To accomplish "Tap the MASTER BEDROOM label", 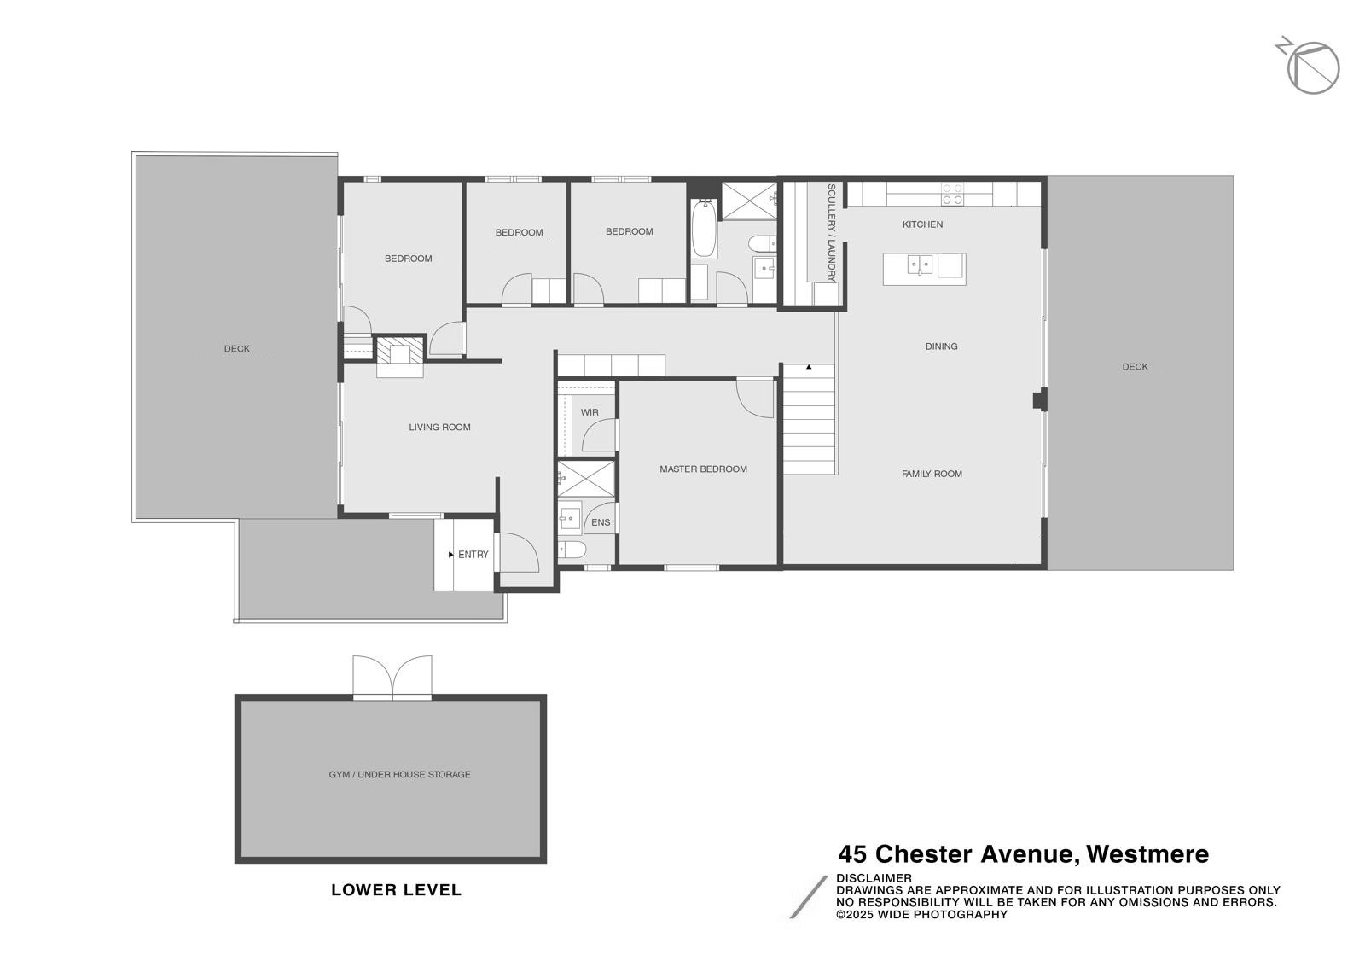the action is click(x=703, y=469).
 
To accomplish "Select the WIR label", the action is click(x=590, y=412).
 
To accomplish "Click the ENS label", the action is click(x=601, y=523).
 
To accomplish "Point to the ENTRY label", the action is click(x=473, y=555).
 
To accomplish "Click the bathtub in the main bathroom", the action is click(x=704, y=229).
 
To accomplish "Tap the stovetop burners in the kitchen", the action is click(x=952, y=195).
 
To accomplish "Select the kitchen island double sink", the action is click(x=920, y=265).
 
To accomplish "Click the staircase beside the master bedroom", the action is click(x=809, y=419).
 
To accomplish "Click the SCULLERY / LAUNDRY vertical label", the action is click(x=831, y=233).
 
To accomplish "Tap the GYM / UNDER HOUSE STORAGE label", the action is click(x=400, y=775).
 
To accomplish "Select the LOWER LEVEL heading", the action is click(x=396, y=890).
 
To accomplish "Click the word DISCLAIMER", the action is click(x=874, y=878).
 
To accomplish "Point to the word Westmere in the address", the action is click(x=1147, y=853).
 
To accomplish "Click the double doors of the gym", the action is click(x=392, y=677).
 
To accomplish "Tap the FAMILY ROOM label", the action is click(x=932, y=475).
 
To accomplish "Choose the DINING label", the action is click(x=941, y=346).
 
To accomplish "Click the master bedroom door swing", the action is click(x=755, y=398).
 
